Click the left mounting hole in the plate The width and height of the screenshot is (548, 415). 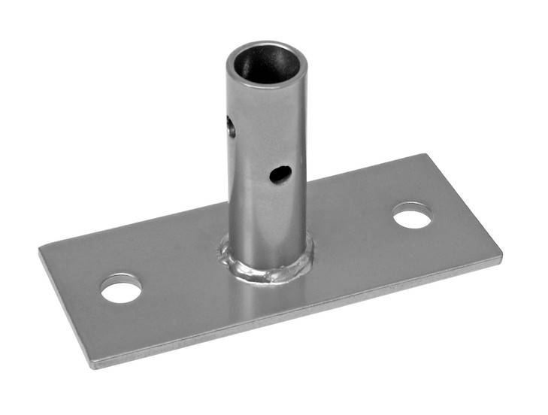[x=122, y=289]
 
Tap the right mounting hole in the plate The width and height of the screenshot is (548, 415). [x=412, y=217]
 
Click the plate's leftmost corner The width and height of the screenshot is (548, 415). [x=40, y=248]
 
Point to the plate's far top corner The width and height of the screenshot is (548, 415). [x=425, y=156]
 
